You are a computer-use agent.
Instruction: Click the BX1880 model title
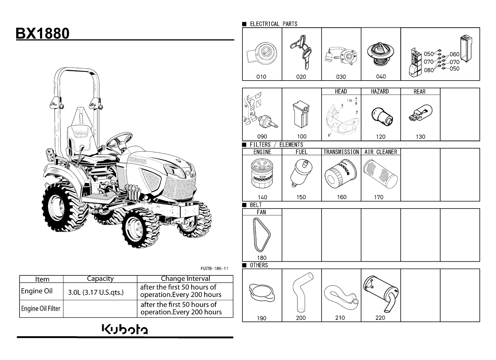pyautogui.click(x=42, y=33)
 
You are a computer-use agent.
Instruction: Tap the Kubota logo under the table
pyautogui.click(x=125, y=329)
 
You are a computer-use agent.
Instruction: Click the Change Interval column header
pyautogui.click(x=185, y=278)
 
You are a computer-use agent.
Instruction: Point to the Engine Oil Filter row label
pyautogui.click(x=41, y=309)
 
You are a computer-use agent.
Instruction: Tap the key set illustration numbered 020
pyautogui.click(x=301, y=52)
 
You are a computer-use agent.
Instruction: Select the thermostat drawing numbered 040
pyautogui.click(x=381, y=54)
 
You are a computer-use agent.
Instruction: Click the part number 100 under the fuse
pyautogui.click(x=301, y=136)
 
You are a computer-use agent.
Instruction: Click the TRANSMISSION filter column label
pyautogui.click(x=341, y=152)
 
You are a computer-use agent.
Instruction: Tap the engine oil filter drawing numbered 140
pyautogui.click(x=262, y=174)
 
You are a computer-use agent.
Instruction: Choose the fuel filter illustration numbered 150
pyautogui.click(x=301, y=173)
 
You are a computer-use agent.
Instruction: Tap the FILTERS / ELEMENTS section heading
pyautogui.click(x=276, y=145)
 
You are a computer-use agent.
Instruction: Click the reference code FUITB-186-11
pyautogui.click(x=214, y=269)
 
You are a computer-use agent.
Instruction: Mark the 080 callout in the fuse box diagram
pyautogui.click(x=429, y=70)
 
